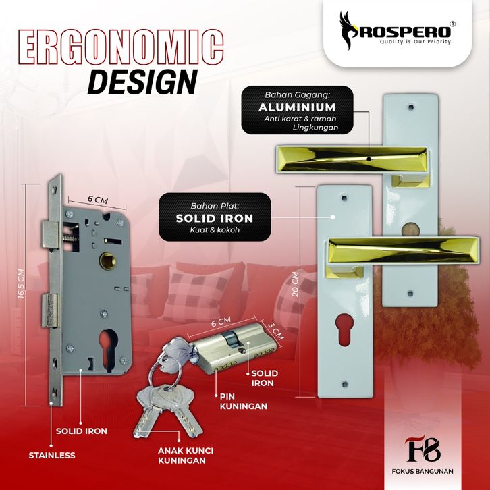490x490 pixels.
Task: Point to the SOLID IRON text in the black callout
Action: (214, 218)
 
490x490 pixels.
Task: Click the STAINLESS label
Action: (52, 455)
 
